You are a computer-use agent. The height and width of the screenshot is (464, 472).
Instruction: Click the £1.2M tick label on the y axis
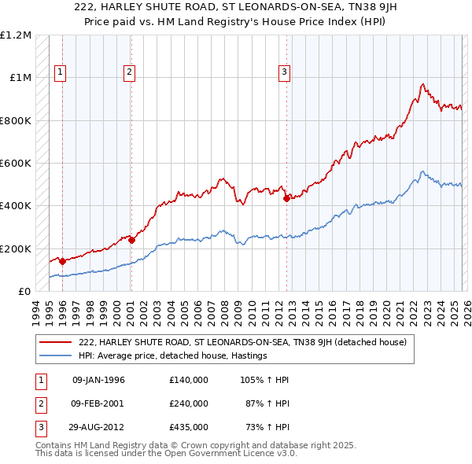(16, 35)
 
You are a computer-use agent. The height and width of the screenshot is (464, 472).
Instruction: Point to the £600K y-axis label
(16, 164)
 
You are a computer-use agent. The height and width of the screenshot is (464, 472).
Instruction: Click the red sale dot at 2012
(286, 199)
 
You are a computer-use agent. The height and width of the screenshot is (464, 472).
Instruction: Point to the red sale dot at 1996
(62, 262)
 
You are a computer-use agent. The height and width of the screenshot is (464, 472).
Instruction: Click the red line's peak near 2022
(423, 84)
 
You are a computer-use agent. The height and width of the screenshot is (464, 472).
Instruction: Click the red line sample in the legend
(56, 342)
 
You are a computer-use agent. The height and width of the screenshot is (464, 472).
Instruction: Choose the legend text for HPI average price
(173, 356)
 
